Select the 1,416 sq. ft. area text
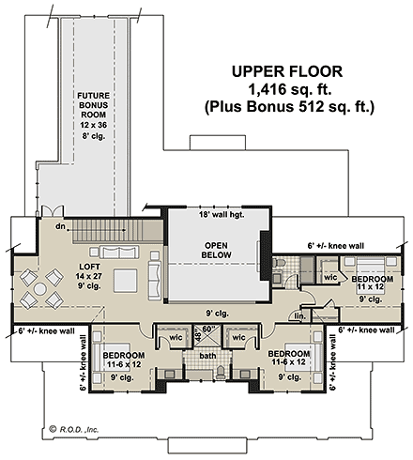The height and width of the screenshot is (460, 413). point(289,88)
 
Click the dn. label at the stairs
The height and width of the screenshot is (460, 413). point(60,227)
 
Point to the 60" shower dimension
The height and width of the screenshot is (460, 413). point(209,330)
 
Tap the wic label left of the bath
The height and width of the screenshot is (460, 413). point(176,337)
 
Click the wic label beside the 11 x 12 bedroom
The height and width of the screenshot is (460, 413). point(329,278)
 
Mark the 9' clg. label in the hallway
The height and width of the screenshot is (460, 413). point(219,314)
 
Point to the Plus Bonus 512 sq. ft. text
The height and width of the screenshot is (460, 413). point(289,107)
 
